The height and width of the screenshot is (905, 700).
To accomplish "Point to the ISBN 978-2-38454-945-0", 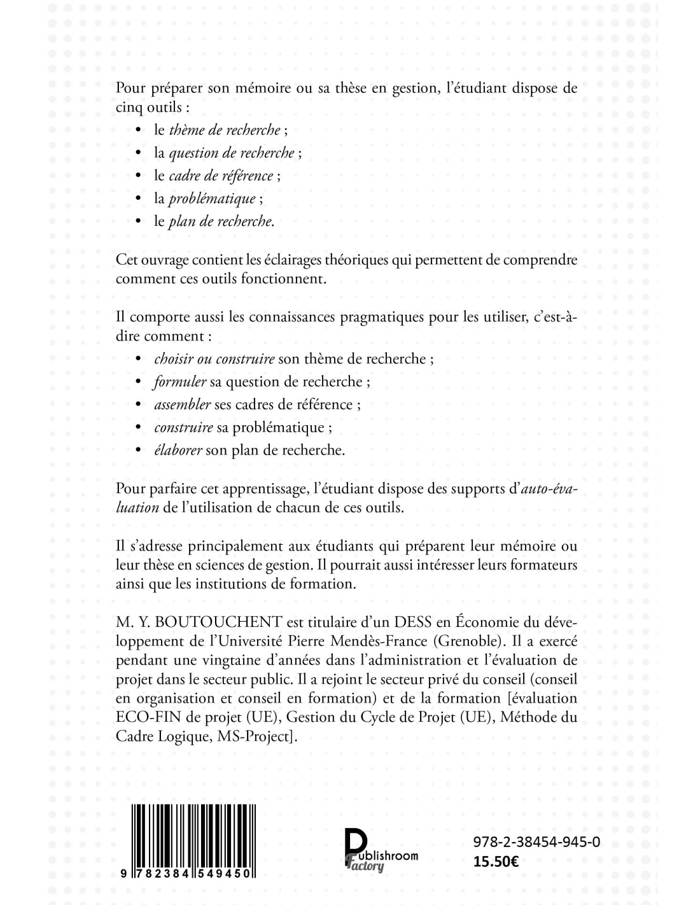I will pos(536,842).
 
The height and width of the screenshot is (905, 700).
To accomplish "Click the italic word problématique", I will pos(212,199).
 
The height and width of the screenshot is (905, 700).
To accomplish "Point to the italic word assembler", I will pos(182,405).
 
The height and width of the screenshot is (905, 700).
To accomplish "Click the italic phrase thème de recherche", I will pos(225,130).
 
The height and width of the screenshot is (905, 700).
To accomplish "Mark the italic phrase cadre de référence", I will pos(221,176).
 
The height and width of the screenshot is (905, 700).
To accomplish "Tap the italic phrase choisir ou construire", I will pos(214,359).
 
